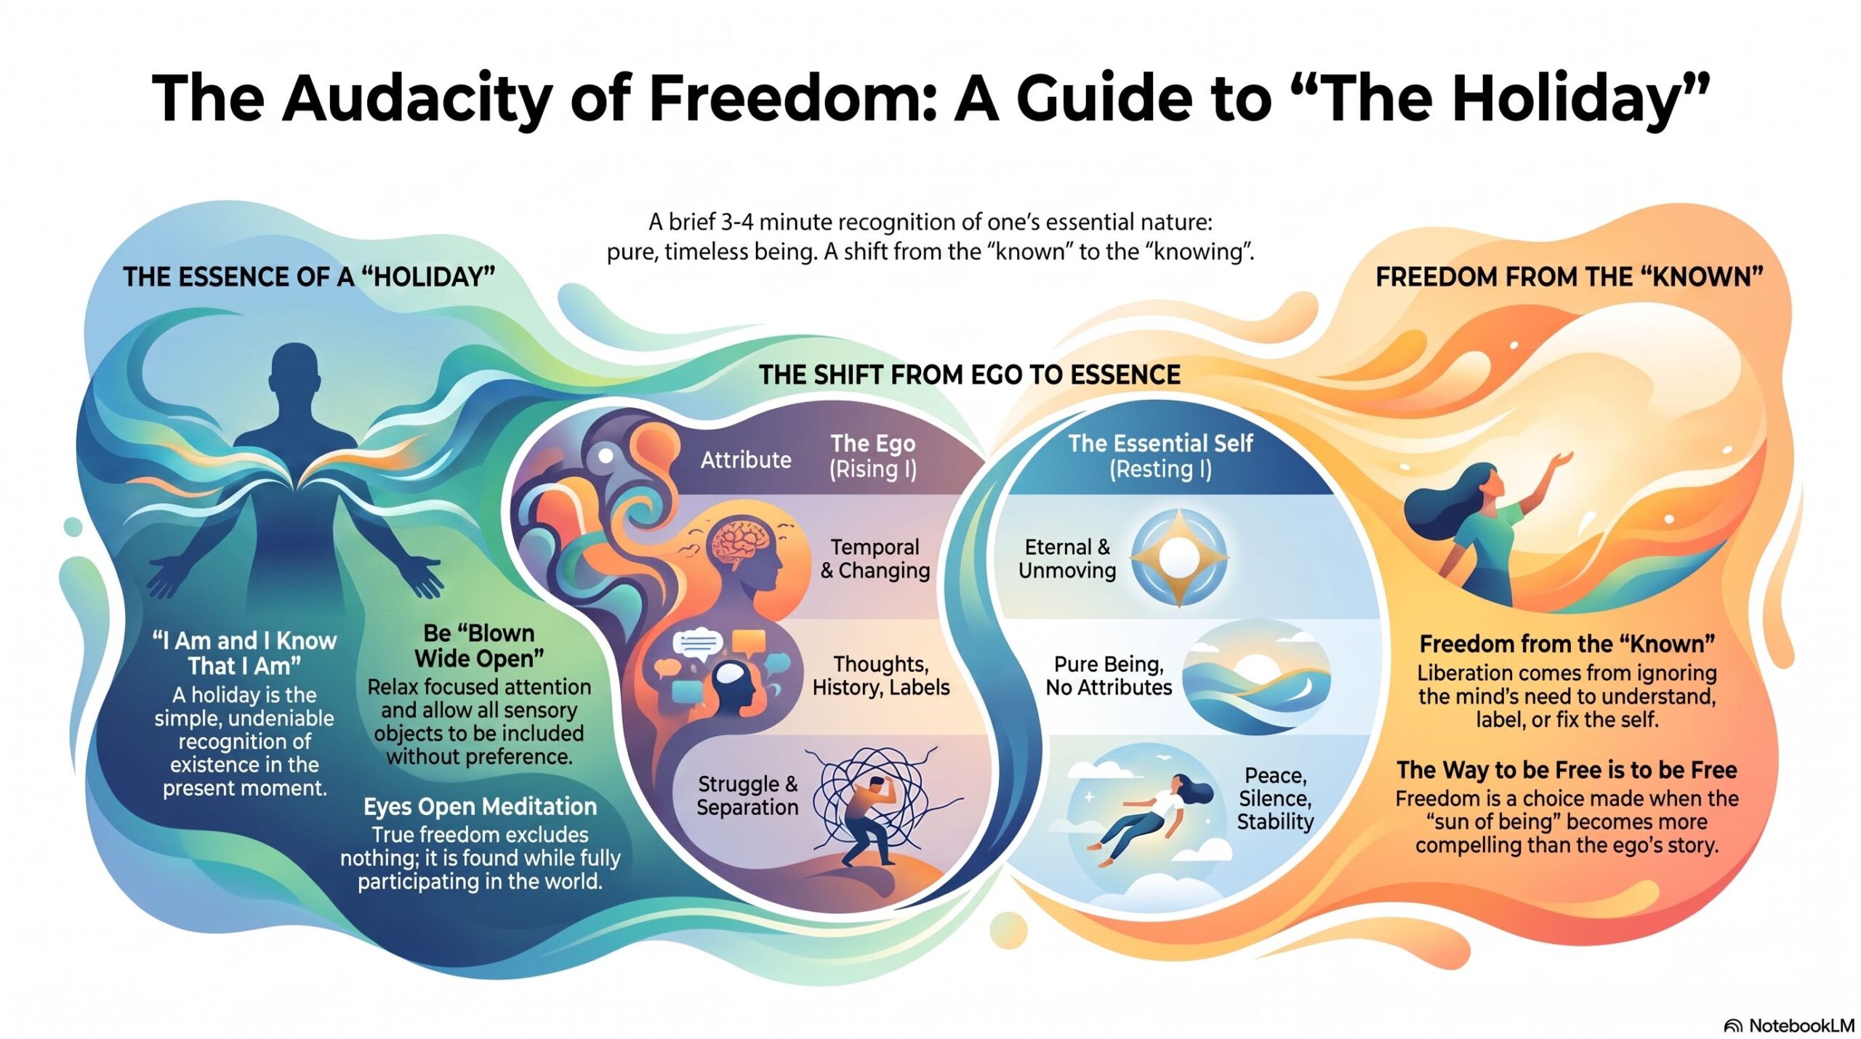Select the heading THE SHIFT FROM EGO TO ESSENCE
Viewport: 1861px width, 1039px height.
click(x=970, y=374)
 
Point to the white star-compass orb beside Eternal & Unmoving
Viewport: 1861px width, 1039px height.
click(x=1179, y=558)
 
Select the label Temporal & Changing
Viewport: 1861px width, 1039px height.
click(x=875, y=558)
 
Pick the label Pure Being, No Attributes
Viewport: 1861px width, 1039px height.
click(x=1109, y=675)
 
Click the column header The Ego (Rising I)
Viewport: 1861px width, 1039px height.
click(x=873, y=456)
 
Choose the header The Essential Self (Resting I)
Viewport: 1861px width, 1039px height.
click(x=1160, y=456)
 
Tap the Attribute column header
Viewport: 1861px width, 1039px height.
click(x=746, y=460)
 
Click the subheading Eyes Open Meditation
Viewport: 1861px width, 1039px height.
click(x=480, y=806)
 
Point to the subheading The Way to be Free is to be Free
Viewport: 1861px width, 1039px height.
click(x=1567, y=769)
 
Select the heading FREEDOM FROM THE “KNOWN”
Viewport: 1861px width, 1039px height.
click(x=1569, y=277)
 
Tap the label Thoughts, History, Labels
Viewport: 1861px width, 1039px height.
click(x=881, y=675)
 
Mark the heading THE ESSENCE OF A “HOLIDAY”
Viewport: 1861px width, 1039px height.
click(x=309, y=277)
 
